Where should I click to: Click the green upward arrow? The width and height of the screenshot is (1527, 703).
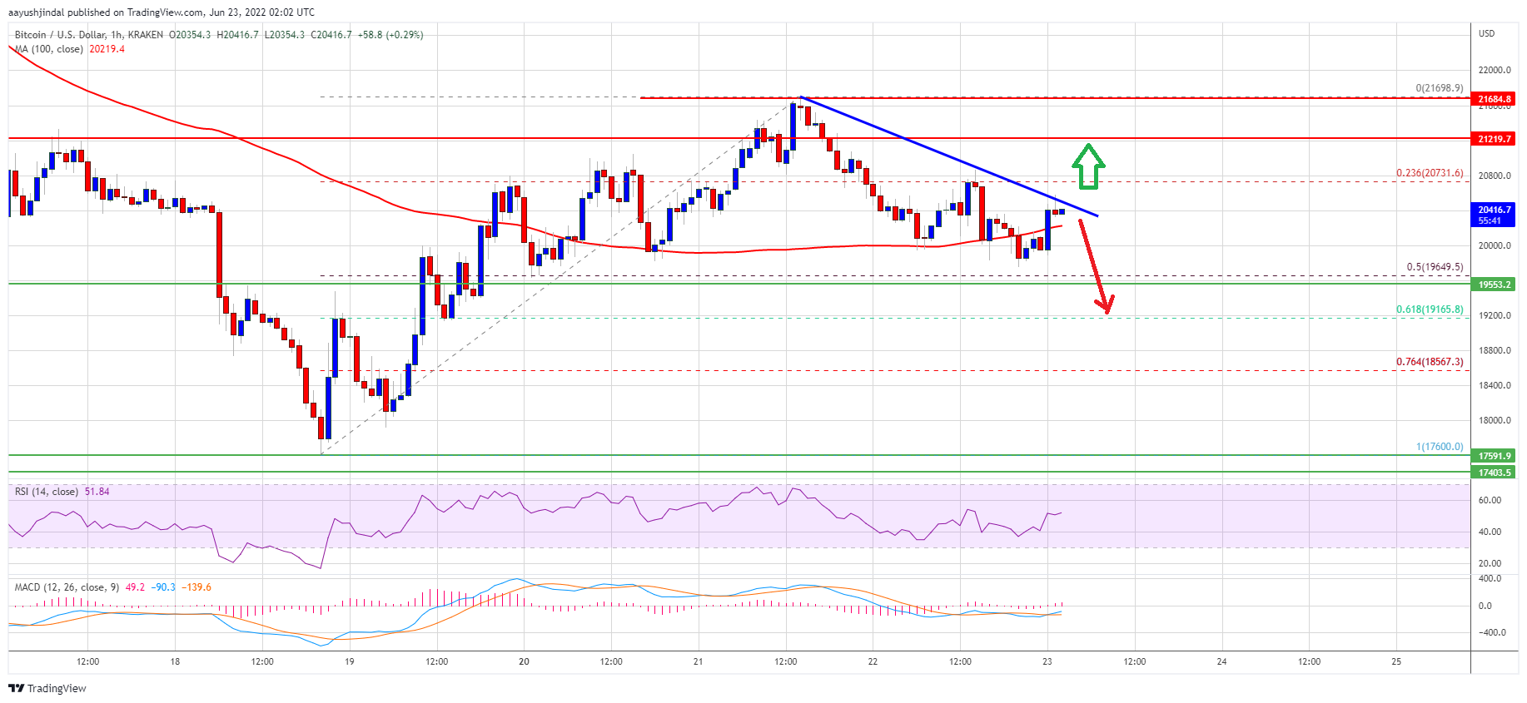[x=1087, y=166]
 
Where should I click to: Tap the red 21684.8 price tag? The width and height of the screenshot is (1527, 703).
[x=1494, y=99]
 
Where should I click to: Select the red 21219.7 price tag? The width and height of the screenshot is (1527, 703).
[x=1494, y=139]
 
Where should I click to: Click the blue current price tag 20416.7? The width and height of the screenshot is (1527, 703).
[x=1494, y=215]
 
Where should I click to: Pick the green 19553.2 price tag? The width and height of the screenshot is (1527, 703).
[x=1494, y=285]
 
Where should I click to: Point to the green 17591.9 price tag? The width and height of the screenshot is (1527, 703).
[x=1494, y=456]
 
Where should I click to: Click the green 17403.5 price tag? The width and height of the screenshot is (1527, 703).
[x=1494, y=473]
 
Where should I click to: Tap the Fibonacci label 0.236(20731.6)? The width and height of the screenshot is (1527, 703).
[x=1429, y=173]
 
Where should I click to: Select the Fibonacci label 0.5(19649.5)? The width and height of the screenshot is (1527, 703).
[x=1434, y=267]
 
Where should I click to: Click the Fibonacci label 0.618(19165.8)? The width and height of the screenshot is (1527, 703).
[x=1429, y=309]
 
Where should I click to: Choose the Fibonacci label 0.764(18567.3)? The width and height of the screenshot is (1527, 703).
[x=1429, y=362]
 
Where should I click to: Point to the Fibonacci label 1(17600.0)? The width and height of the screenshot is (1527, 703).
[x=1439, y=447]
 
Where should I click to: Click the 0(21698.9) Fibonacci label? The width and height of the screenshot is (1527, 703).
[x=1439, y=88]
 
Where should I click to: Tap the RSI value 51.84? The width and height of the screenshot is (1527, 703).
[x=97, y=492]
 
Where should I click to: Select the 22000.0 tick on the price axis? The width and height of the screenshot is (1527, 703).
[x=1494, y=71]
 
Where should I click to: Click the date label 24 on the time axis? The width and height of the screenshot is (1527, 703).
[x=1221, y=662]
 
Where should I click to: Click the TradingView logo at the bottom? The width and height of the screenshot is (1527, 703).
[x=47, y=688]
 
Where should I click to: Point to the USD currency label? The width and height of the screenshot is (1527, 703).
[x=1486, y=33]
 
